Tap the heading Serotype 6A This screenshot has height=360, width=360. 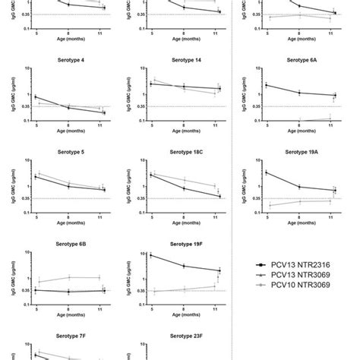(298, 58)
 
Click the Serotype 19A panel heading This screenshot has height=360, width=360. (298, 151)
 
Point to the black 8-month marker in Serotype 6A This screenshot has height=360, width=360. (298, 93)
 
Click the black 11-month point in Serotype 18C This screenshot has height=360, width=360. (219, 196)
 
